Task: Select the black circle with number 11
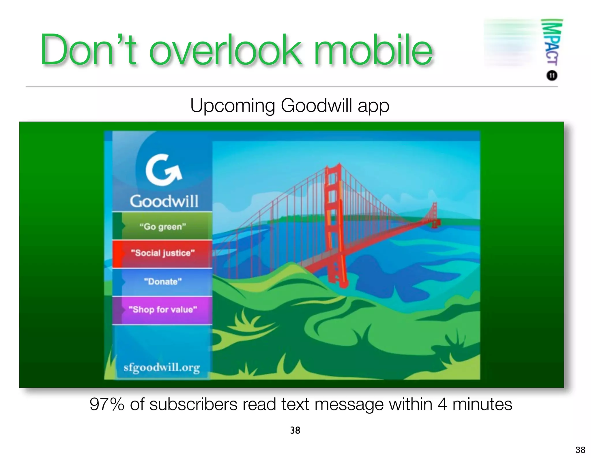pyautogui.click(x=552, y=76)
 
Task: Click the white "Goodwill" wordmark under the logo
pyautogui.click(x=164, y=201)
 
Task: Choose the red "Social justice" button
pyautogui.click(x=163, y=253)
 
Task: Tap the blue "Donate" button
pyautogui.click(x=163, y=281)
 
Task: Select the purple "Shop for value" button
pyautogui.click(x=163, y=310)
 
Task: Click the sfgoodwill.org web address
pyautogui.click(x=162, y=368)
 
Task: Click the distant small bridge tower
pyautogui.click(x=434, y=215)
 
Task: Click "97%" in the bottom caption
pyautogui.click(x=107, y=404)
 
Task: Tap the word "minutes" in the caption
pyautogui.click(x=482, y=404)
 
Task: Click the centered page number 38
pyautogui.click(x=295, y=430)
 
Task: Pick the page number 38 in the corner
pyautogui.click(x=580, y=450)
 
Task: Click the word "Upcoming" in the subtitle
pyautogui.click(x=232, y=106)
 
